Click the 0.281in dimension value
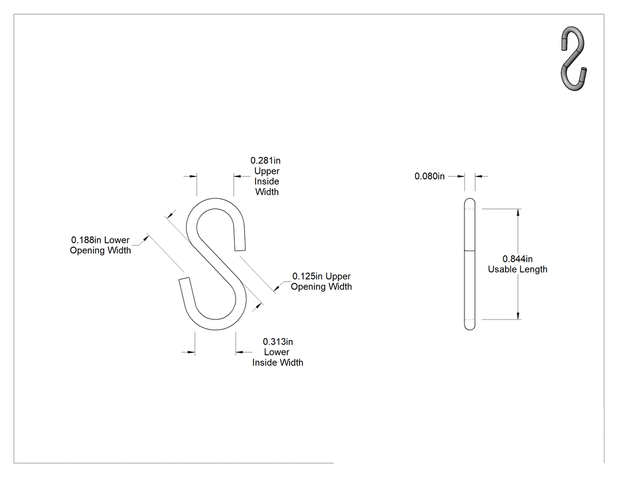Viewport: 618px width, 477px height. (x=265, y=161)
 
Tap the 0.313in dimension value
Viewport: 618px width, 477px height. (x=278, y=342)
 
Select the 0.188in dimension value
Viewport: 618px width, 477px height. (x=86, y=240)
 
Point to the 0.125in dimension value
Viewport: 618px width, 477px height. (x=307, y=276)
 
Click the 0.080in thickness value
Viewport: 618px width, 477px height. (x=429, y=176)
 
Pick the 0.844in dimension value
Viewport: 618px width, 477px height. (x=517, y=259)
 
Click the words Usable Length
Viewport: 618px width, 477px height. (x=517, y=269)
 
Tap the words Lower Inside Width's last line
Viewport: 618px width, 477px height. (x=278, y=362)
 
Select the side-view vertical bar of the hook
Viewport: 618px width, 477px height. (x=470, y=264)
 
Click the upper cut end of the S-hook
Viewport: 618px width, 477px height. (x=240, y=249)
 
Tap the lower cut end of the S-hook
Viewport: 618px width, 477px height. (x=184, y=279)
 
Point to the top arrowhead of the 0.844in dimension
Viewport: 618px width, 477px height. (x=518, y=212)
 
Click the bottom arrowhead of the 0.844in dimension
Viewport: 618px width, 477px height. (x=518, y=315)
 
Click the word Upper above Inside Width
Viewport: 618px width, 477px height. (x=267, y=171)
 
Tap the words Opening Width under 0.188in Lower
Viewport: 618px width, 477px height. (x=101, y=251)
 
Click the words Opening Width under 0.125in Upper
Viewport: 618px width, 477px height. (x=321, y=287)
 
